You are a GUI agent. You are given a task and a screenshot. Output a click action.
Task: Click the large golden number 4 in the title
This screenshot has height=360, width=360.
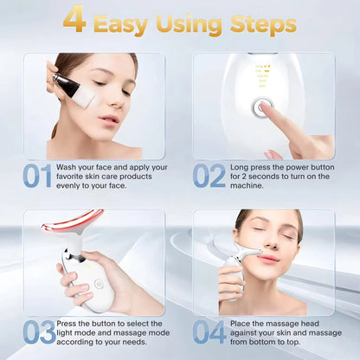(x=74, y=20)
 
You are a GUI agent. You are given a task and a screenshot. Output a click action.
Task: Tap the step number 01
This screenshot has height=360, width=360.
(x=37, y=176)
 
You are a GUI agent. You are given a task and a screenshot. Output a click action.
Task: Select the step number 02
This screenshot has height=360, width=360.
(x=209, y=176)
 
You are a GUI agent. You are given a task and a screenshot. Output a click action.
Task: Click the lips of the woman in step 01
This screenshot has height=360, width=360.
(x=109, y=119)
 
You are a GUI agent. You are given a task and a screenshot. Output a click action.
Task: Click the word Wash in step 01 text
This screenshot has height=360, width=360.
(x=70, y=166)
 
